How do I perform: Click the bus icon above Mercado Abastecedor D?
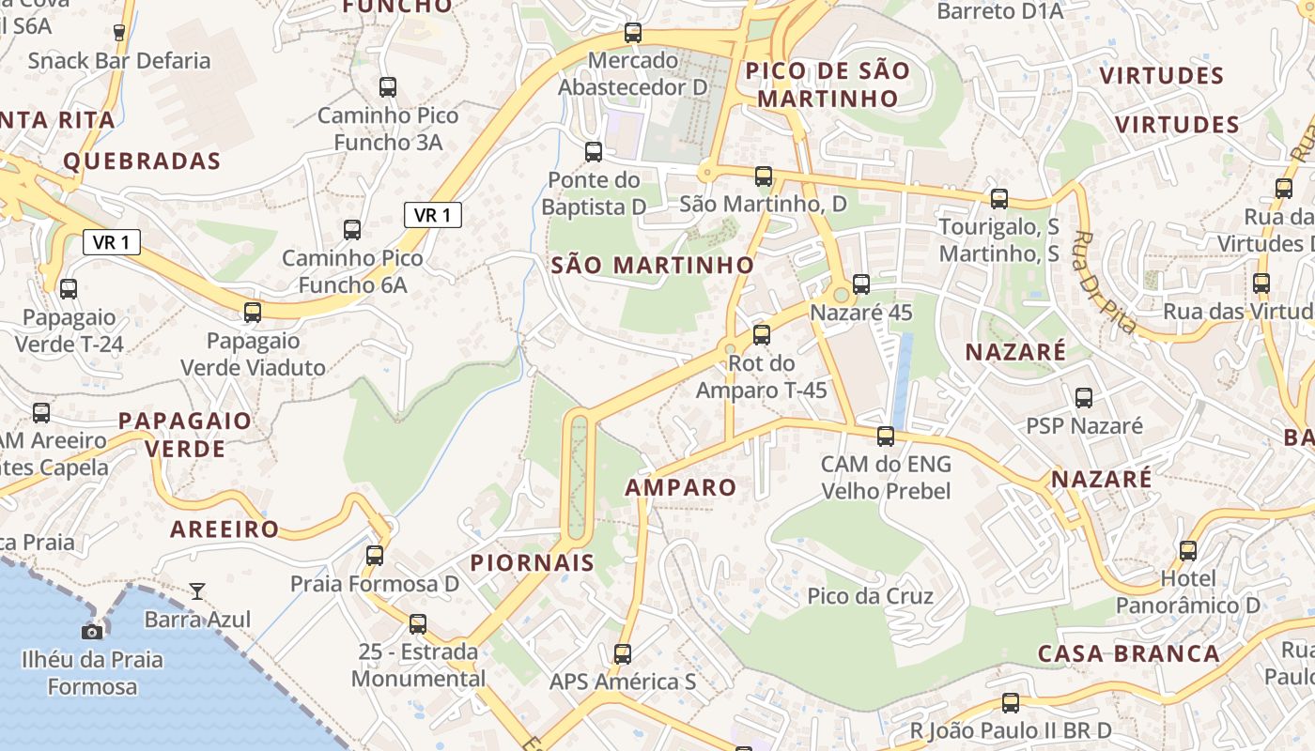(633, 33)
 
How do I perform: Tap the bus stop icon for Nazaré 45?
(861, 284)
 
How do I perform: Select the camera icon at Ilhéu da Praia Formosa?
(92, 632)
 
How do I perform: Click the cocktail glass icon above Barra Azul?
(197, 590)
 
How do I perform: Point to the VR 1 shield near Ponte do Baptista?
(432, 215)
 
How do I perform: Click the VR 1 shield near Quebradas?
(112, 242)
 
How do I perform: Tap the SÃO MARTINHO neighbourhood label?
(653, 266)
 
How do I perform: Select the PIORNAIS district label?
(532, 562)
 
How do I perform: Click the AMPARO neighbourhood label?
(681, 488)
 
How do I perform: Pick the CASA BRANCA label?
(1129, 653)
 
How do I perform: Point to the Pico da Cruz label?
(871, 596)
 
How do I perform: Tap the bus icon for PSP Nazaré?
(1084, 398)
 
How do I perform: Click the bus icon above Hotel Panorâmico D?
(1188, 551)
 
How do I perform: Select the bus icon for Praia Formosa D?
(375, 555)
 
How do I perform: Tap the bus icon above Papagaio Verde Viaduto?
(253, 313)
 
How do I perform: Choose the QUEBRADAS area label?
(142, 161)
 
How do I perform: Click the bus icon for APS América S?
(623, 654)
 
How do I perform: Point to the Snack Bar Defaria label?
(119, 61)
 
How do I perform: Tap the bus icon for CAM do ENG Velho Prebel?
(886, 437)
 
